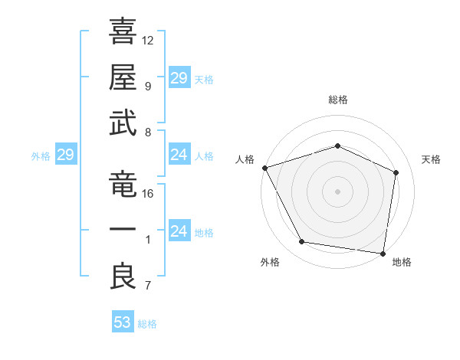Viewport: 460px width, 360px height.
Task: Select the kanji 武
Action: click(x=123, y=122)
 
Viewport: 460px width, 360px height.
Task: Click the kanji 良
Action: click(x=123, y=276)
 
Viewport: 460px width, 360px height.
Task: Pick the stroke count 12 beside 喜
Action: click(x=148, y=40)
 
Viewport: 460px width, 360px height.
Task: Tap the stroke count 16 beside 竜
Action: click(x=148, y=194)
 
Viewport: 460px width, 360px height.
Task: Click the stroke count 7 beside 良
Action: click(x=147, y=286)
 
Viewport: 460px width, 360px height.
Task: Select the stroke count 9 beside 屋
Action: click(x=147, y=86)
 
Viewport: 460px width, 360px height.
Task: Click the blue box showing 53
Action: click(x=123, y=322)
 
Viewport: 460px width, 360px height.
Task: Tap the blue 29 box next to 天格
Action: click(x=179, y=78)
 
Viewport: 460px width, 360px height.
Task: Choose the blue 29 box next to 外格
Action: click(x=65, y=155)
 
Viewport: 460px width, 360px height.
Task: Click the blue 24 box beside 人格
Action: click(x=179, y=155)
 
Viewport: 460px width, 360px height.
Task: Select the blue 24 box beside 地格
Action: click(x=179, y=231)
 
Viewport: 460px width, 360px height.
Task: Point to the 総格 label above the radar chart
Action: click(x=338, y=100)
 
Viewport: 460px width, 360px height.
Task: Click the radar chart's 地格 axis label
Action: click(x=402, y=262)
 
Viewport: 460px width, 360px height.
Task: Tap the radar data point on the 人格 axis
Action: click(x=264, y=168)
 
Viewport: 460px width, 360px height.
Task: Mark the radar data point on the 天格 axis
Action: click(x=396, y=172)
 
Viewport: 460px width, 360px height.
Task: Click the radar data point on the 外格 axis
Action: click(x=302, y=242)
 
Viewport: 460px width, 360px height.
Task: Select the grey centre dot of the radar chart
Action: click(x=338, y=191)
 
